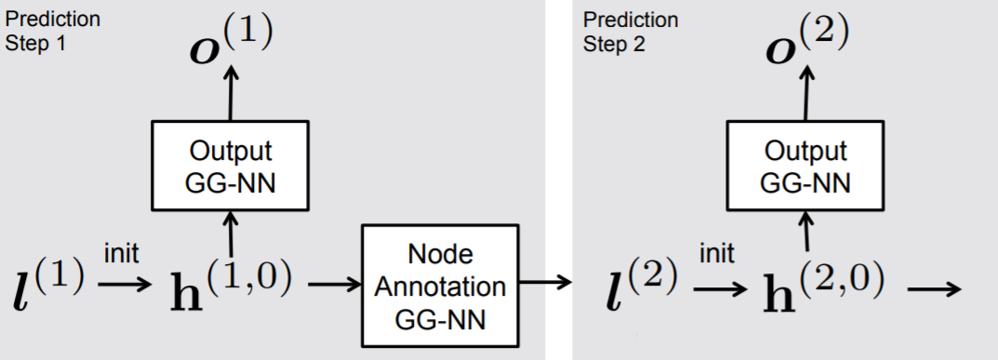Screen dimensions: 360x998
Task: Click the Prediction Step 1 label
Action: (53, 32)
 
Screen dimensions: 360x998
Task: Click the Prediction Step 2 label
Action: (631, 32)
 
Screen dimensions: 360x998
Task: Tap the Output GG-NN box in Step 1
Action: (230, 165)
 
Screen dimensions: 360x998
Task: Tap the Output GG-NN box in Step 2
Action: (805, 165)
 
